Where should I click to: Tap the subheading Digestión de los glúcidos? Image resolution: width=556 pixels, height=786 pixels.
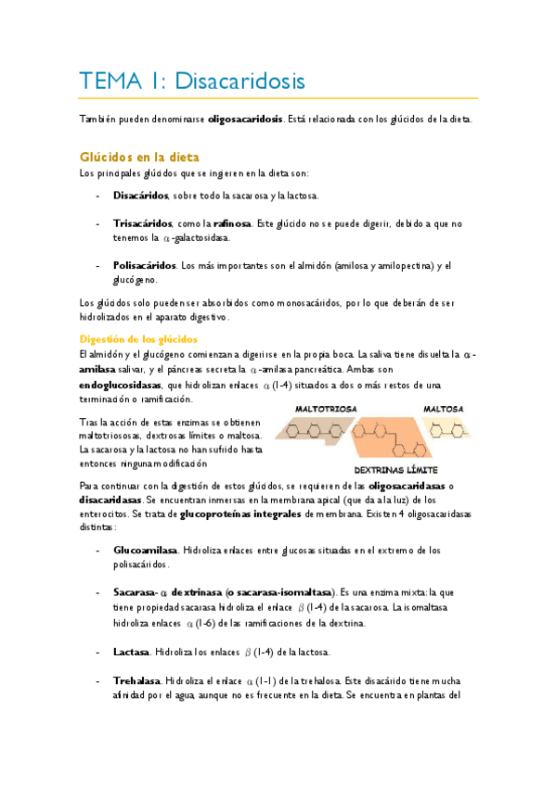coord(138,339)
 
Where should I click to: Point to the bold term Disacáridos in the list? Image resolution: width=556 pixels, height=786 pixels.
coord(141,196)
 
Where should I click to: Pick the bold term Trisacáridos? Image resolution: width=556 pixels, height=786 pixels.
coord(143,224)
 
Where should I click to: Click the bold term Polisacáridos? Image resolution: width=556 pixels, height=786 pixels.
coord(145,266)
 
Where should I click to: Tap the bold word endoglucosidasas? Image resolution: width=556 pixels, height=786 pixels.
coord(120,385)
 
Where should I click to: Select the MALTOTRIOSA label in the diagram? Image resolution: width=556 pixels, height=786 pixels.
coord(323,408)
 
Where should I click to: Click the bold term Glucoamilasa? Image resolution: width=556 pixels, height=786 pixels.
coord(146,550)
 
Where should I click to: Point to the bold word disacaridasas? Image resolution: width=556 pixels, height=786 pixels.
coord(110,499)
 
